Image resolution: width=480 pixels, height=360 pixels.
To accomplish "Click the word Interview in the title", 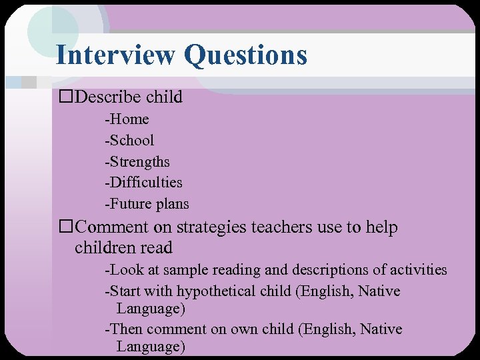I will click(x=115, y=55).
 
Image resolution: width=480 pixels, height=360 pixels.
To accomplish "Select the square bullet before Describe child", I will click(x=65, y=97).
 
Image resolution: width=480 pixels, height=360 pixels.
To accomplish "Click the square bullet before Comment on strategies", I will click(x=65, y=228).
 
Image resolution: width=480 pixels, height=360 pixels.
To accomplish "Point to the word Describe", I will click(x=107, y=97).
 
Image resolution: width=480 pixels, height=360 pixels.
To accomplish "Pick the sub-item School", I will click(x=131, y=140).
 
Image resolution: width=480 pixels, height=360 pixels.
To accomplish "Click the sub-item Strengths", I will click(x=139, y=162).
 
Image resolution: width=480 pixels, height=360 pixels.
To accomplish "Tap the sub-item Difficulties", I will click(x=145, y=183).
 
